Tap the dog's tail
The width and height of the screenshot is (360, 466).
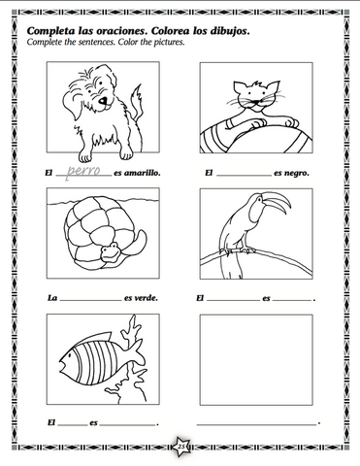point(140,102)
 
